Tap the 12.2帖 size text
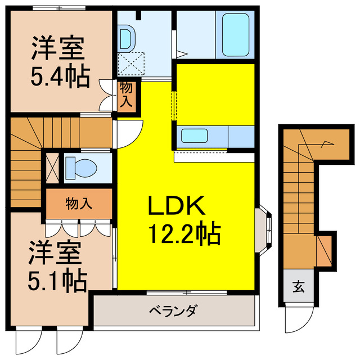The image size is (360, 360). coord(183,233)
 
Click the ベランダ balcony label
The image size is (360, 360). coord(173,310)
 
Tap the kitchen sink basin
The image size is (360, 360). coord(194,136)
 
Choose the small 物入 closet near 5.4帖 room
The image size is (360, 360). coord(126,96)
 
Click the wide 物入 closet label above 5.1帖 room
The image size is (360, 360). coord(78,203)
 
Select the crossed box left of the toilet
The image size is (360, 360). coord(51,168)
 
